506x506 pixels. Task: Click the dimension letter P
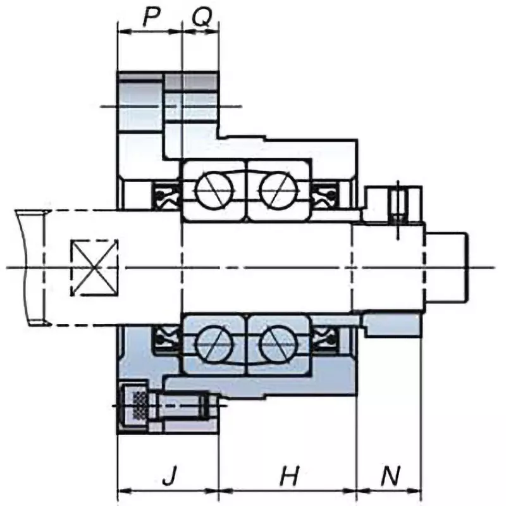point(150,17)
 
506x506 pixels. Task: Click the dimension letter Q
point(201,17)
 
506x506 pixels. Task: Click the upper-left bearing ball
point(214,189)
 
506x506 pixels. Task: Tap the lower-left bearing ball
point(214,345)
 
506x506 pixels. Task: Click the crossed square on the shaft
point(95,268)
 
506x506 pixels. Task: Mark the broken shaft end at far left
point(32,268)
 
